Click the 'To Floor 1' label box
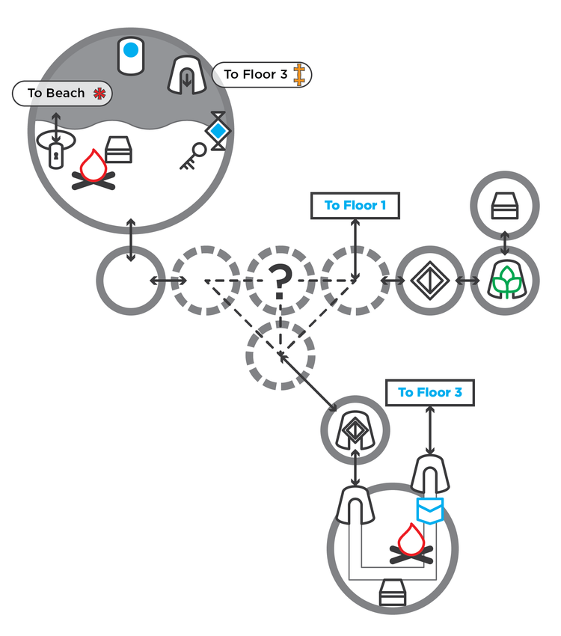[x=355, y=206]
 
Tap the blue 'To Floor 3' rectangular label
[x=429, y=393]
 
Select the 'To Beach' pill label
[x=62, y=94]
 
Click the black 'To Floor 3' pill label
[x=262, y=75]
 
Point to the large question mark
[x=280, y=281]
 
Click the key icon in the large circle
[x=193, y=156]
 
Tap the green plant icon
[x=506, y=281]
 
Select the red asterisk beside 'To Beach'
[x=99, y=94]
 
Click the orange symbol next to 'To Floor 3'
[x=299, y=75]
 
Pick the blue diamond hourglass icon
[x=218, y=131]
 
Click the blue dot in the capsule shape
[x=130, y=50]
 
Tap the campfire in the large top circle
[x=93, y=171]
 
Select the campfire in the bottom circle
[x=411, y=544]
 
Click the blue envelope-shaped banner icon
[x=429, y=510]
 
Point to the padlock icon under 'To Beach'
[x=56, y=156]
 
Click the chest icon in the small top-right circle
[x=505, y=206]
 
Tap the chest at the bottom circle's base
[x=393, y=593]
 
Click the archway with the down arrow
[x=187, y=76]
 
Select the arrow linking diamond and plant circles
[x=467, y=281]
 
